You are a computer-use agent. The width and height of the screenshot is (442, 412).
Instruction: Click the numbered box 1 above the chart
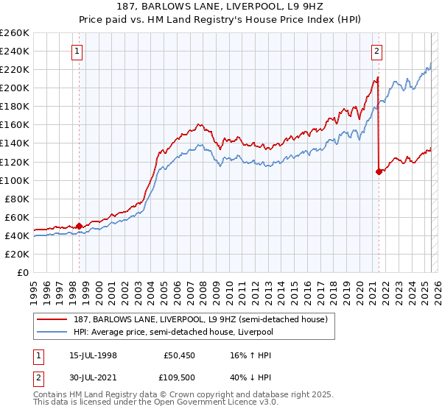(x=77, y=51)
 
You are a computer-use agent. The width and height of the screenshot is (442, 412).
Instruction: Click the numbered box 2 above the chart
(x=376, y=51)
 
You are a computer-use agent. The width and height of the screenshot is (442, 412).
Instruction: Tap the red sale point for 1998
(x=80, y=226)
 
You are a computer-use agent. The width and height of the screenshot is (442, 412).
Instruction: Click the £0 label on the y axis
(x=22, y=273)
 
